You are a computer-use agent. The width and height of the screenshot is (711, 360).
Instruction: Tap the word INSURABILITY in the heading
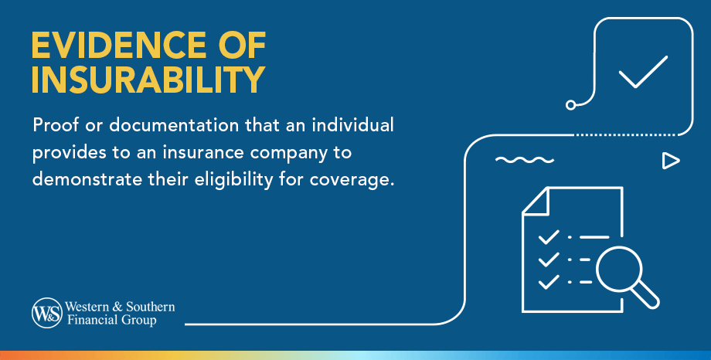pos(148,80)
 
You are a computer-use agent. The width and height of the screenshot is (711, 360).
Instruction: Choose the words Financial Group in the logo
pos(114,320)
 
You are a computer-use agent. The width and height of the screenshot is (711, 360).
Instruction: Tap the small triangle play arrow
pos(670,161)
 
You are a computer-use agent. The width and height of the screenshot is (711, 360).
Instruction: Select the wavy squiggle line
pos(525,161)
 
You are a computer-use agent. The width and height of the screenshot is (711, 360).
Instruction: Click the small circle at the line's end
pos(571,104)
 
